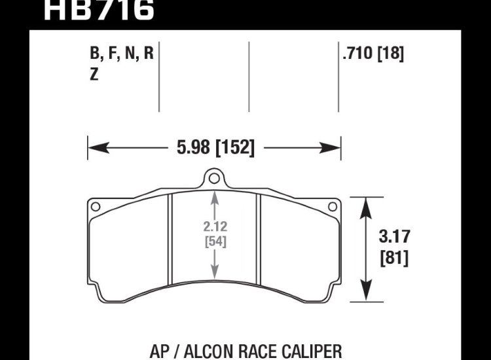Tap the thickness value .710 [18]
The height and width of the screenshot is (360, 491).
point(372,54)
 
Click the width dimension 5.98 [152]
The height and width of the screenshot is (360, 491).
point(215,147)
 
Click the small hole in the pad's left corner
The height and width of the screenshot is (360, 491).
point(96,207)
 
